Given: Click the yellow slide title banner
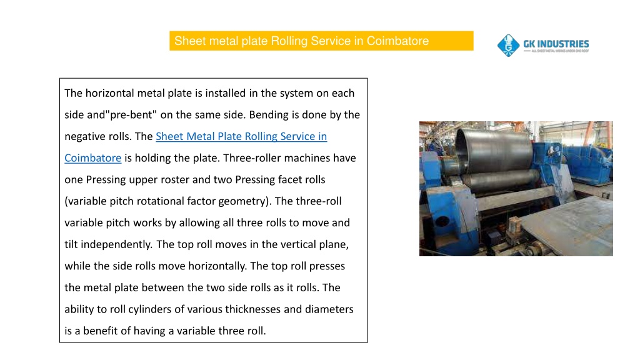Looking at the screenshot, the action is [321, 41].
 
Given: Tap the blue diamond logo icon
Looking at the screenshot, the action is [508, 45].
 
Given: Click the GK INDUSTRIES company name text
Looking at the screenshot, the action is [556, 44].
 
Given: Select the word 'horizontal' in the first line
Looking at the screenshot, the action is [110, 93].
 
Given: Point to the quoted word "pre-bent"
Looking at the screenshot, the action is [132, 115].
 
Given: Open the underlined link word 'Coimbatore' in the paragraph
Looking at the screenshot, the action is [93, 158].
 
